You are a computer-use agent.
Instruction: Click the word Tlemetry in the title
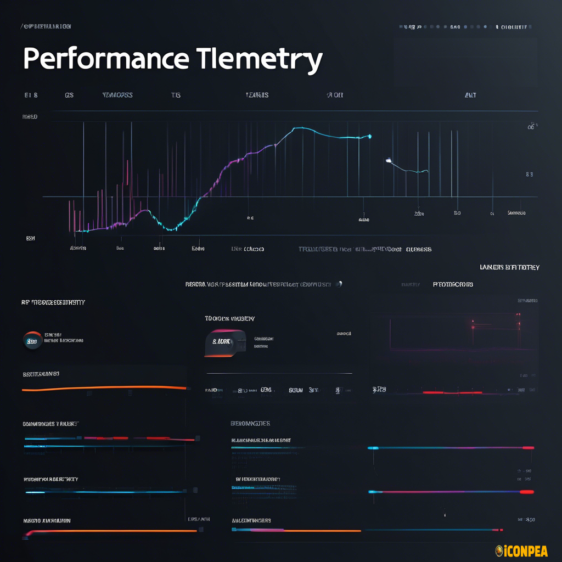[259, 59]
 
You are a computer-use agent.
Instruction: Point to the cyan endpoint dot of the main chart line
[370, 136]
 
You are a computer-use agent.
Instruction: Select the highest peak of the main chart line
[296, 128]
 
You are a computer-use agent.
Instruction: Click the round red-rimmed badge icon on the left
[32, 340]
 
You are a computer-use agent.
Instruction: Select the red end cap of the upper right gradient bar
[528, 448]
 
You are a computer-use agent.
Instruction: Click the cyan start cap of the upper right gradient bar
[373, 448]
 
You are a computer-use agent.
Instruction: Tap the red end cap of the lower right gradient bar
[526, 492]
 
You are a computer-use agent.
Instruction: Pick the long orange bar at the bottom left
[110, 531]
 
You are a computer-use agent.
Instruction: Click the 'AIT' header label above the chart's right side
[470, 95]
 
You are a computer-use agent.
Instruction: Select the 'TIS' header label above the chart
[176, 95]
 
